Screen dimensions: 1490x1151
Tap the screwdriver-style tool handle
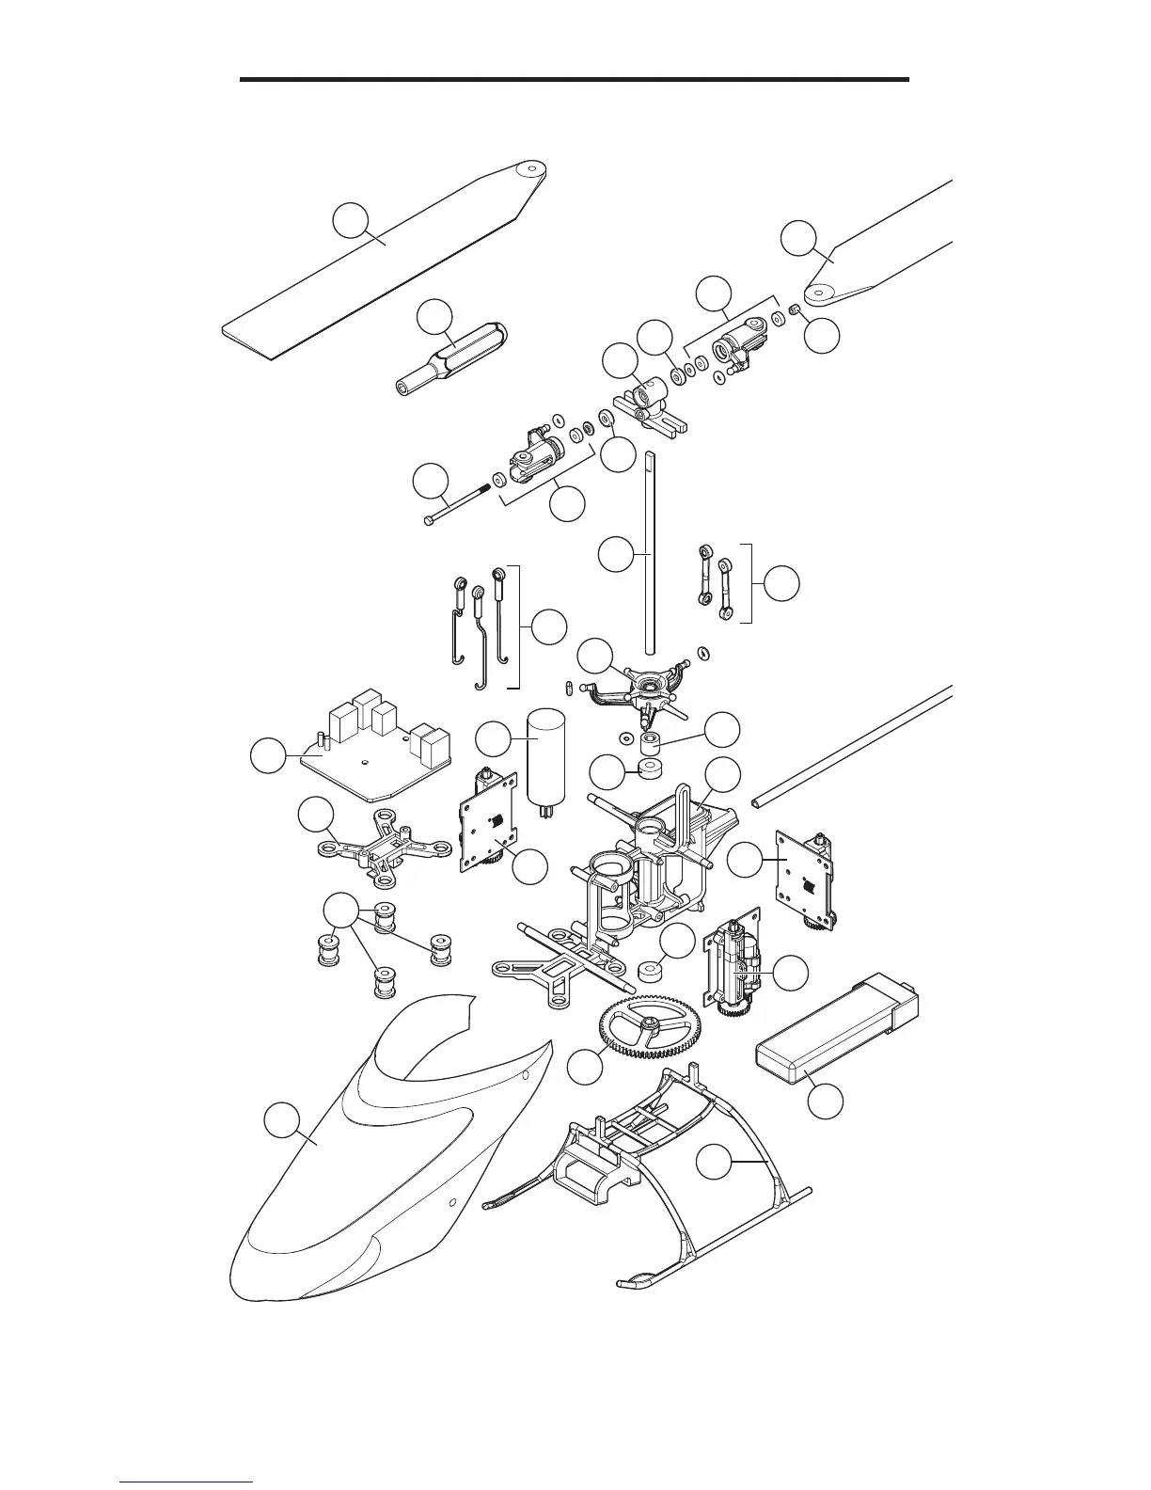pyautogui.click(x=451, y=357)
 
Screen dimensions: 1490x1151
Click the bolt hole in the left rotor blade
pyautogui.click(x=531, y=170)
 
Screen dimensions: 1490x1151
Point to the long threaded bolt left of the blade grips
pyautogui.click(x=461, y=498)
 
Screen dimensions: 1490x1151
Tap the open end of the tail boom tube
pyautogui.click(x=759, y=802)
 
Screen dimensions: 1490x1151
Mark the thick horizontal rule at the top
pyautogui.click(x=574, y=80)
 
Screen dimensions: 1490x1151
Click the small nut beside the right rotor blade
pyautogui.click(x=795, y=310)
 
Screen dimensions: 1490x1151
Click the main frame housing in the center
pyautogui.click(x=649, y=865)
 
